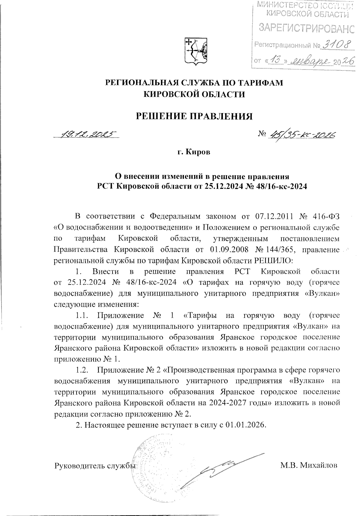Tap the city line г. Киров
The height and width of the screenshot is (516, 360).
coord(194,152)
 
